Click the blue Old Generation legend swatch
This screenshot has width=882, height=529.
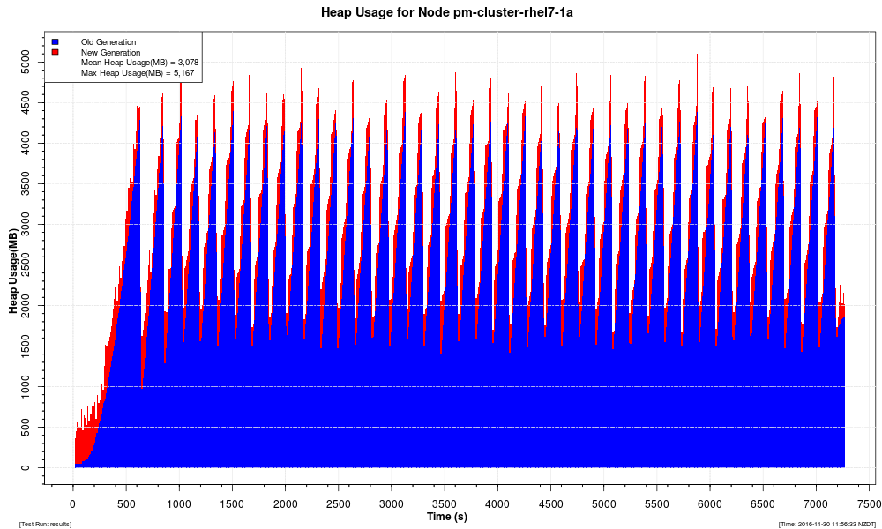tap(55, 41)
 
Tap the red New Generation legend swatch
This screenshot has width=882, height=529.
tap(55, 52)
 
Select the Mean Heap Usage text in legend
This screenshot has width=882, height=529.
tap(138, 63)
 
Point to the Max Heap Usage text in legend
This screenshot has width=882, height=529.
tap(137, 73)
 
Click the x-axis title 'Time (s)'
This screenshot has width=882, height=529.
tap(447, 516)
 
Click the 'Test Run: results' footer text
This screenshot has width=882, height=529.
tap(45, 525)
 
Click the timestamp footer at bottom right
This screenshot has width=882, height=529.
tap(827, 525)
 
